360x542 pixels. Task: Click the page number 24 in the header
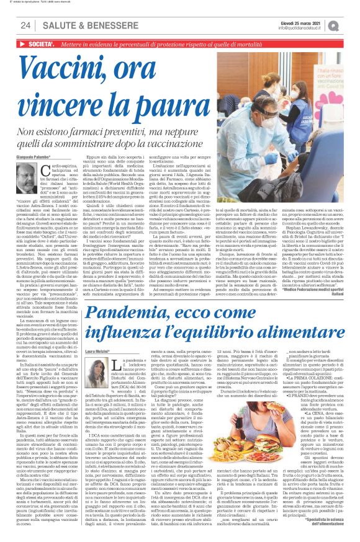pos(25,25)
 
